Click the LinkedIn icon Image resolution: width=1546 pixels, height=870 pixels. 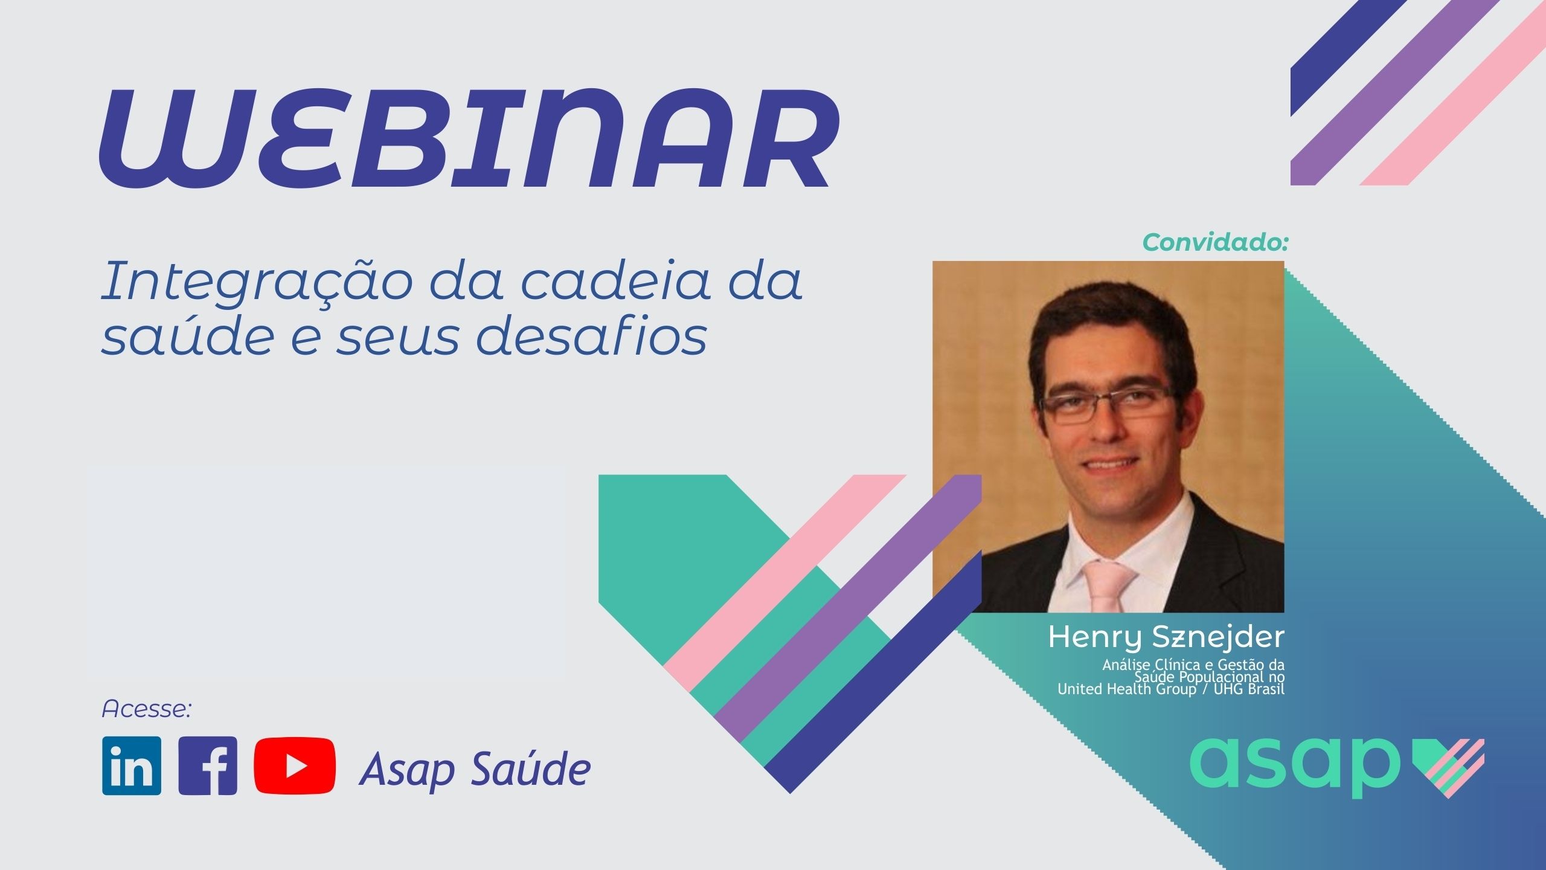click(132, 765)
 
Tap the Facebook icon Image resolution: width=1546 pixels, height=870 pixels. click(208, 765)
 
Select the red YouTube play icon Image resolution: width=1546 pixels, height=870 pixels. click(295, 765)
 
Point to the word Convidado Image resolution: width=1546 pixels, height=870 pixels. click(1216, 243)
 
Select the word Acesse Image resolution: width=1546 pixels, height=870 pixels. click(147, 709)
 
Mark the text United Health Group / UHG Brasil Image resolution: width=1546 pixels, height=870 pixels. click(1171, 689)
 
